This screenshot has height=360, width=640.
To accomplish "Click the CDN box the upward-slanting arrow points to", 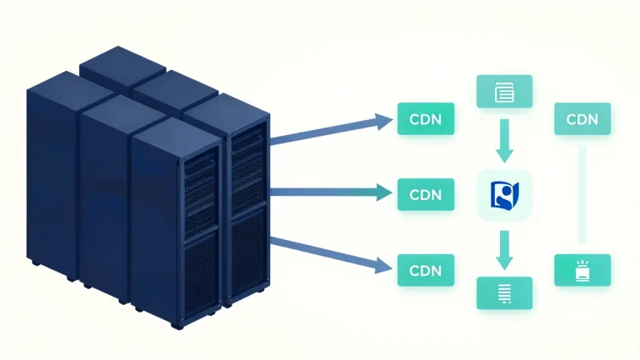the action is pos(426,119).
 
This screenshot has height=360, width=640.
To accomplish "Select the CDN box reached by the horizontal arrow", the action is pos(426,194).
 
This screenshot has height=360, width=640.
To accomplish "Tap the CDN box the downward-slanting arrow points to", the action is pos(426,270).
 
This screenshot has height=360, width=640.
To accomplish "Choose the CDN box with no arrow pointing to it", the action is pos(582,119).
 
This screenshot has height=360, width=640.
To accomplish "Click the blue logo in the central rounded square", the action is pos(504,196).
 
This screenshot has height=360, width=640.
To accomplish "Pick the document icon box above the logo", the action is pos(504,92).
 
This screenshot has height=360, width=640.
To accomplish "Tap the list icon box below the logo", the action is pos(504,293).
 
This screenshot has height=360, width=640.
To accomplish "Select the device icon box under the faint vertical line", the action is pos(582,270).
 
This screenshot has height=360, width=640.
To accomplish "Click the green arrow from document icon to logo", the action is pos(504,141).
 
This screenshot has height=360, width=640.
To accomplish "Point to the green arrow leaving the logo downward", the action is pos(504,250).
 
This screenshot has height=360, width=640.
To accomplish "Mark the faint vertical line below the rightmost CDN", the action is pos(582,194).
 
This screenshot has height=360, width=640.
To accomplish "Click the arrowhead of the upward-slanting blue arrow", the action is pos(383,122).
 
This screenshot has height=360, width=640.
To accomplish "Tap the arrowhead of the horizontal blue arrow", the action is pos(384,192).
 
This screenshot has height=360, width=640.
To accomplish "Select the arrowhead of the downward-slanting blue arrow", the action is pos(383,266).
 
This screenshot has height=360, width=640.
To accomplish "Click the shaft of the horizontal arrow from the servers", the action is pos(322,192).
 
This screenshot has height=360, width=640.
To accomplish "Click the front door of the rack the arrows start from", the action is pos(247,212).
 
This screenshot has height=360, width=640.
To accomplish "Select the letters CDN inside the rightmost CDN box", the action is pos(582,119).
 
